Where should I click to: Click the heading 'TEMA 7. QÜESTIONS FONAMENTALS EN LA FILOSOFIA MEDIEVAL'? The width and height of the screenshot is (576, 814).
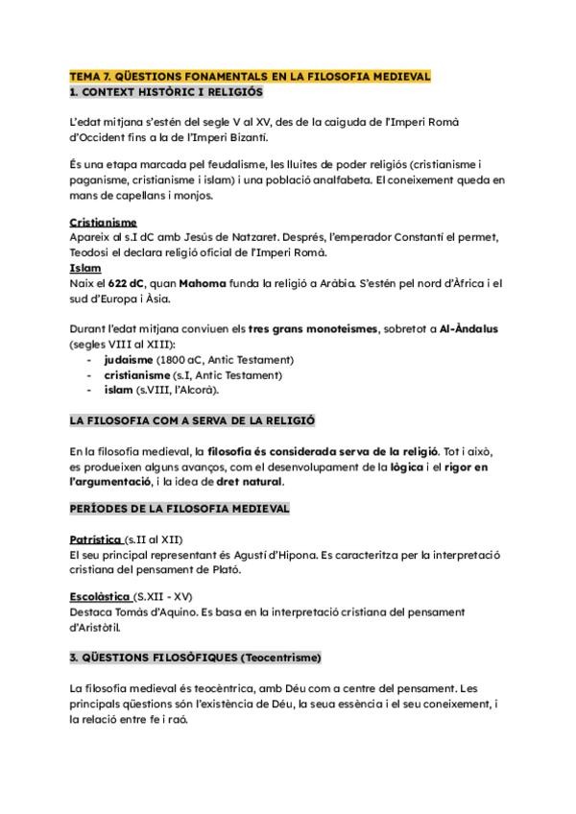pyautogui.click(x=250, y=76)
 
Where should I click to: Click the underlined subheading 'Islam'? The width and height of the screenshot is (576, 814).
pyautogui.click(x=85, y=268)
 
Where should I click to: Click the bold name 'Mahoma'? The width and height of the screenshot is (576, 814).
pyautogui.click(x=200, y=283)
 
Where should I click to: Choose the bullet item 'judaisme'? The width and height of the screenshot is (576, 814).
pyautogui.click(x=133, y=360)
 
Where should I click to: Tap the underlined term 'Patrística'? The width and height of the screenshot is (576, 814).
pyautogui.click(x=96, y=539)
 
